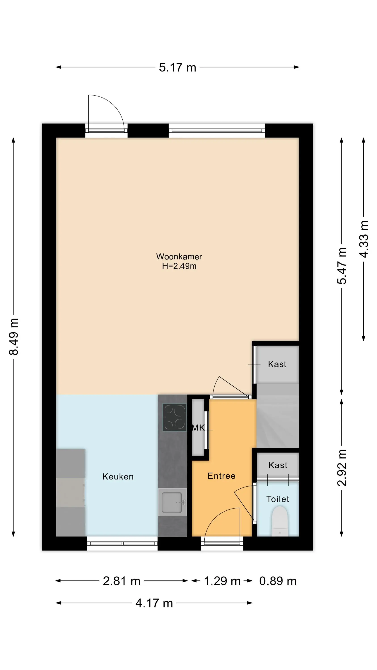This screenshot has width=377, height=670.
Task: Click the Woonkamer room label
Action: point(179,256)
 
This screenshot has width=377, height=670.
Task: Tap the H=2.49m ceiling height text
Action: point(179,266)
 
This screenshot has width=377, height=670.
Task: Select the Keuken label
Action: point(118,477)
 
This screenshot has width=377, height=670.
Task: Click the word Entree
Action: point(221,476)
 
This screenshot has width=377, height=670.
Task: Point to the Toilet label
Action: point(278,499)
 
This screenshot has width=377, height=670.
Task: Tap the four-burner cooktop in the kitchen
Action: point(174,417)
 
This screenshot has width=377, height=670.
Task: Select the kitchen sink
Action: point(172,502)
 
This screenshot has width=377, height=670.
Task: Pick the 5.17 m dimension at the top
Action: point(177,67)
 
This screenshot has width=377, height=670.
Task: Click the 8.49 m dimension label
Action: point(14,337)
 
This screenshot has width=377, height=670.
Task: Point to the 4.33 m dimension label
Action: point(364,239)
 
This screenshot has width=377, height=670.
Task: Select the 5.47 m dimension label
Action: point(342,266)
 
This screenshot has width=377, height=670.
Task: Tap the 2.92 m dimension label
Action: point(342,468)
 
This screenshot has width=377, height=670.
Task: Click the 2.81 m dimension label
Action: point(121,581)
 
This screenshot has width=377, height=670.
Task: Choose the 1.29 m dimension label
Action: point(222,581)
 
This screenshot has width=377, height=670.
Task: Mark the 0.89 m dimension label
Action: point(278,581)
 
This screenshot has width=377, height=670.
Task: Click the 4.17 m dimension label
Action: point(154,603)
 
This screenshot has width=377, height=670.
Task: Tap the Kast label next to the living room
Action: point(277,364)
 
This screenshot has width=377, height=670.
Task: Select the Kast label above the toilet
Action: point(278,465)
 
